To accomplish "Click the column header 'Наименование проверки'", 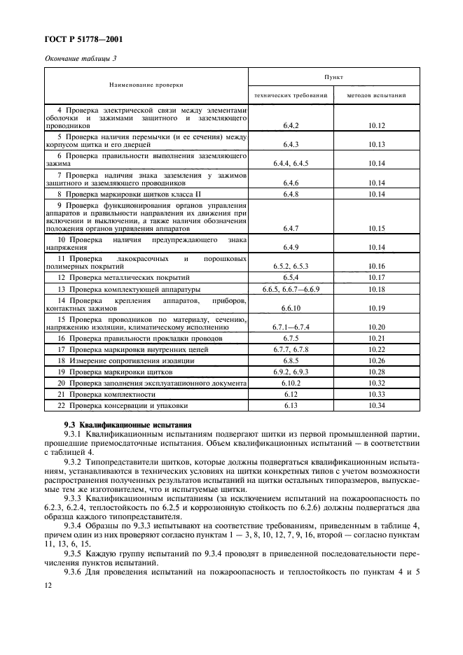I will [x=146, y=85].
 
